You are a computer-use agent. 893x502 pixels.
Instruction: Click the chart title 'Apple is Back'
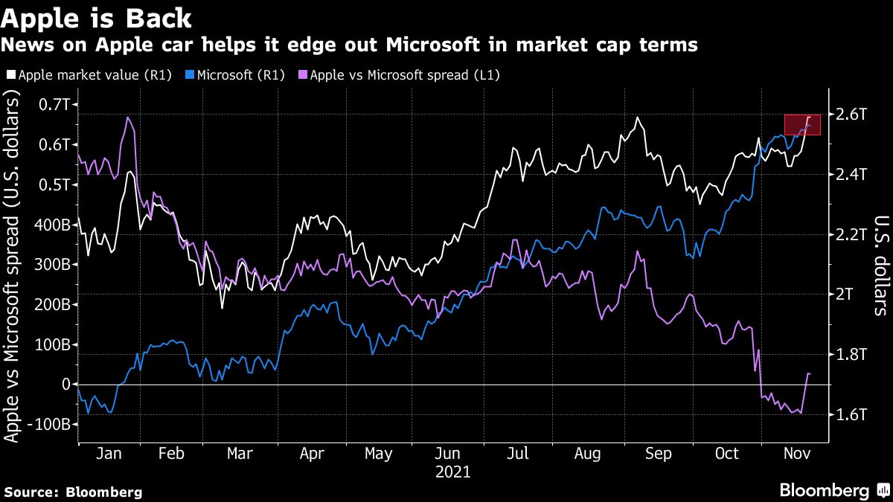click(x=96, y=16)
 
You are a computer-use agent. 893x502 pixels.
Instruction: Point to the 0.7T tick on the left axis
click(x=54, y=105)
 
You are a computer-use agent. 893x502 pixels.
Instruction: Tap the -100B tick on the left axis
click(x=49, y=424)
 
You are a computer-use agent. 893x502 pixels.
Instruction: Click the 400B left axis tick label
click(x=51, y=225)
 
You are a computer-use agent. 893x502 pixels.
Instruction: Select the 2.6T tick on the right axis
click(x=851, y=115)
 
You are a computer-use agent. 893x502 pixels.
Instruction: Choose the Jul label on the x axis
click(x=518, y=454)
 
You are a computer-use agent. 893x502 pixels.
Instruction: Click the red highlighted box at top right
click(x=802, y=125)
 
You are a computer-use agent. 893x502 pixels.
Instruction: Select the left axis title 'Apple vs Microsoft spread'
click(x=13, y=268)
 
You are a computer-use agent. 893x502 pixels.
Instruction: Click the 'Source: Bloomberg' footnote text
click(x=73, y=492)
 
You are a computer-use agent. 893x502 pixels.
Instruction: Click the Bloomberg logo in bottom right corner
click(x=833, y=491)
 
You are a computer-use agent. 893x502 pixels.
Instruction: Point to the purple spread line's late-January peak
click(x=129, y=118)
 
